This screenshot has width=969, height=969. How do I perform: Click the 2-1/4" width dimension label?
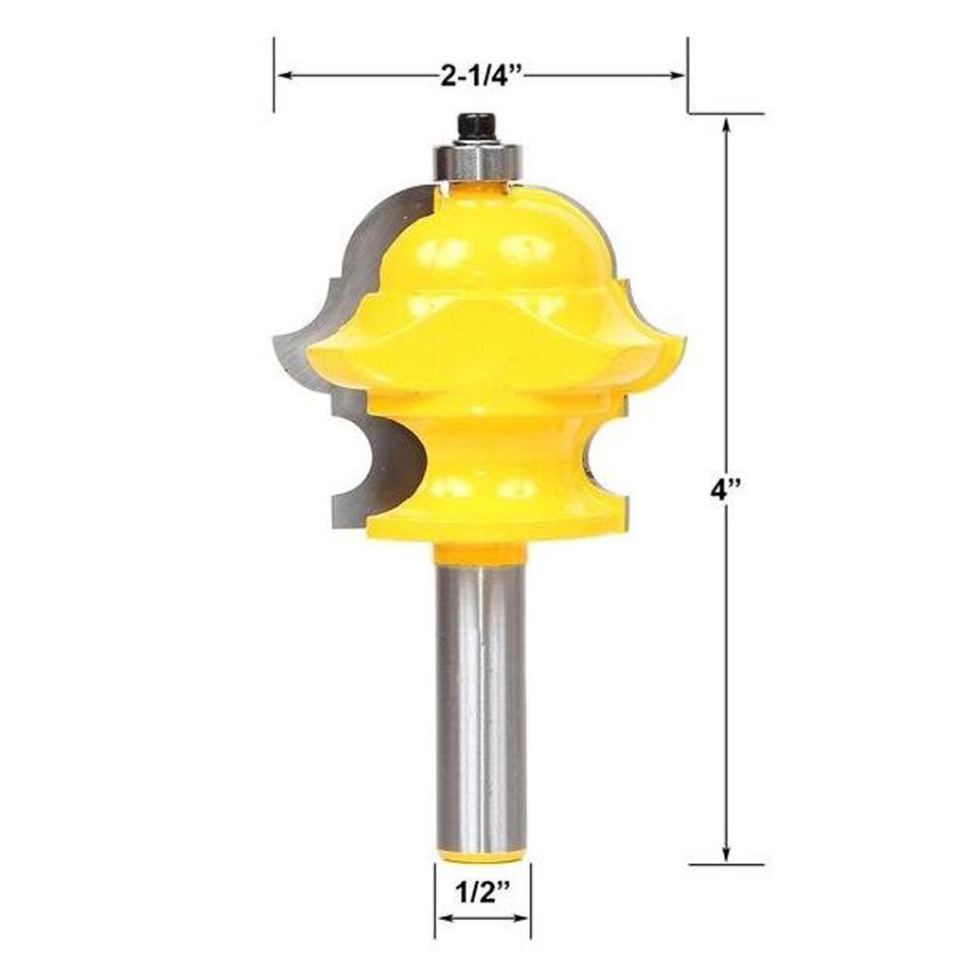pos(482,76)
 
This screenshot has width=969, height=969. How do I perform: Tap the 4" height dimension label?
pos(726,492)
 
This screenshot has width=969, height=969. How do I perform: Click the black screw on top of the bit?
pos(478,127)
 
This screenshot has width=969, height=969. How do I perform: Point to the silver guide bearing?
pos(478,161)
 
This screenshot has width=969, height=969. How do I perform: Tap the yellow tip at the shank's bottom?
pos(482,856)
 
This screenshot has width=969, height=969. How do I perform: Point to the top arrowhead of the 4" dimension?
pos(726,123)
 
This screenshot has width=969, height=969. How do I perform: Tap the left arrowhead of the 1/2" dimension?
pos(441,917)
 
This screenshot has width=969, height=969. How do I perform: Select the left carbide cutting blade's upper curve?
pos(374,227)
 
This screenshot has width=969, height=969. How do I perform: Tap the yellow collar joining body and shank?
pos(481,552)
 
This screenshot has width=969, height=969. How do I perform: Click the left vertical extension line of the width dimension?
pos(274,75)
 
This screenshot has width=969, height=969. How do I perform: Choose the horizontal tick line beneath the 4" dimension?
pos(726,864)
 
